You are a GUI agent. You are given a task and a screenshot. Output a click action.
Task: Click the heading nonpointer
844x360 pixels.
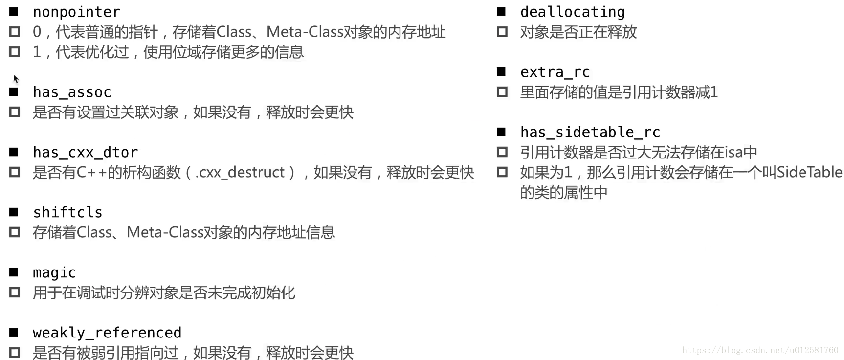coord(76,12)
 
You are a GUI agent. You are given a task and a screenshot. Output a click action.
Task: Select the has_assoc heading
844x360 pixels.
coord(72,92)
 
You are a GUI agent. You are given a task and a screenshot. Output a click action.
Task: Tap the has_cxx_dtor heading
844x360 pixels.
coord(85,152)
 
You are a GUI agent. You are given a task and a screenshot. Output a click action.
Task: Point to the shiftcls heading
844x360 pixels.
coord(67,212)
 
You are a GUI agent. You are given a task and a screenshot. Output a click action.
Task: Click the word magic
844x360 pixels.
coord(54,272)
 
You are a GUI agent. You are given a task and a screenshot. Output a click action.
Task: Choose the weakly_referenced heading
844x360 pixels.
coord(107,333)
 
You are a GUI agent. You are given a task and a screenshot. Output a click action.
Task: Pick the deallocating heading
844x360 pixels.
coord(572,12)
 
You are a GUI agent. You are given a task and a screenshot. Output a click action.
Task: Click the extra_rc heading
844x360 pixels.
coord(555,72)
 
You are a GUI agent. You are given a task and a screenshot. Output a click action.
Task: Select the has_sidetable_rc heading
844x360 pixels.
coord(590,132)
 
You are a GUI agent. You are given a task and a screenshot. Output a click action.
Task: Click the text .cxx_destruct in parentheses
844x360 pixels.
coord(240,172)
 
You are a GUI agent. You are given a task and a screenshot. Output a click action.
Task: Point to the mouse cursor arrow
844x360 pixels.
coord(16,78)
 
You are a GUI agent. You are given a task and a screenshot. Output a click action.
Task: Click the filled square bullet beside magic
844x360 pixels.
coord(14,272)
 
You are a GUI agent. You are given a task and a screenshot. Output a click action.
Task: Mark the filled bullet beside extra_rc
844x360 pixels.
coord(501,71)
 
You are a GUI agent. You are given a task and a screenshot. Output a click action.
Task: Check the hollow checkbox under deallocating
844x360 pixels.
coord(502,32)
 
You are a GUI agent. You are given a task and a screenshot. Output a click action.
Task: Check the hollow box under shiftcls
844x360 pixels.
coord(15,232)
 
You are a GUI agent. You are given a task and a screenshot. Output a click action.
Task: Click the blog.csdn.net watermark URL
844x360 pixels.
coord(760,350)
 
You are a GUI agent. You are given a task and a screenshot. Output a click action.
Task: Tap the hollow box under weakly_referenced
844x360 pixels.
coord(15,352)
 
